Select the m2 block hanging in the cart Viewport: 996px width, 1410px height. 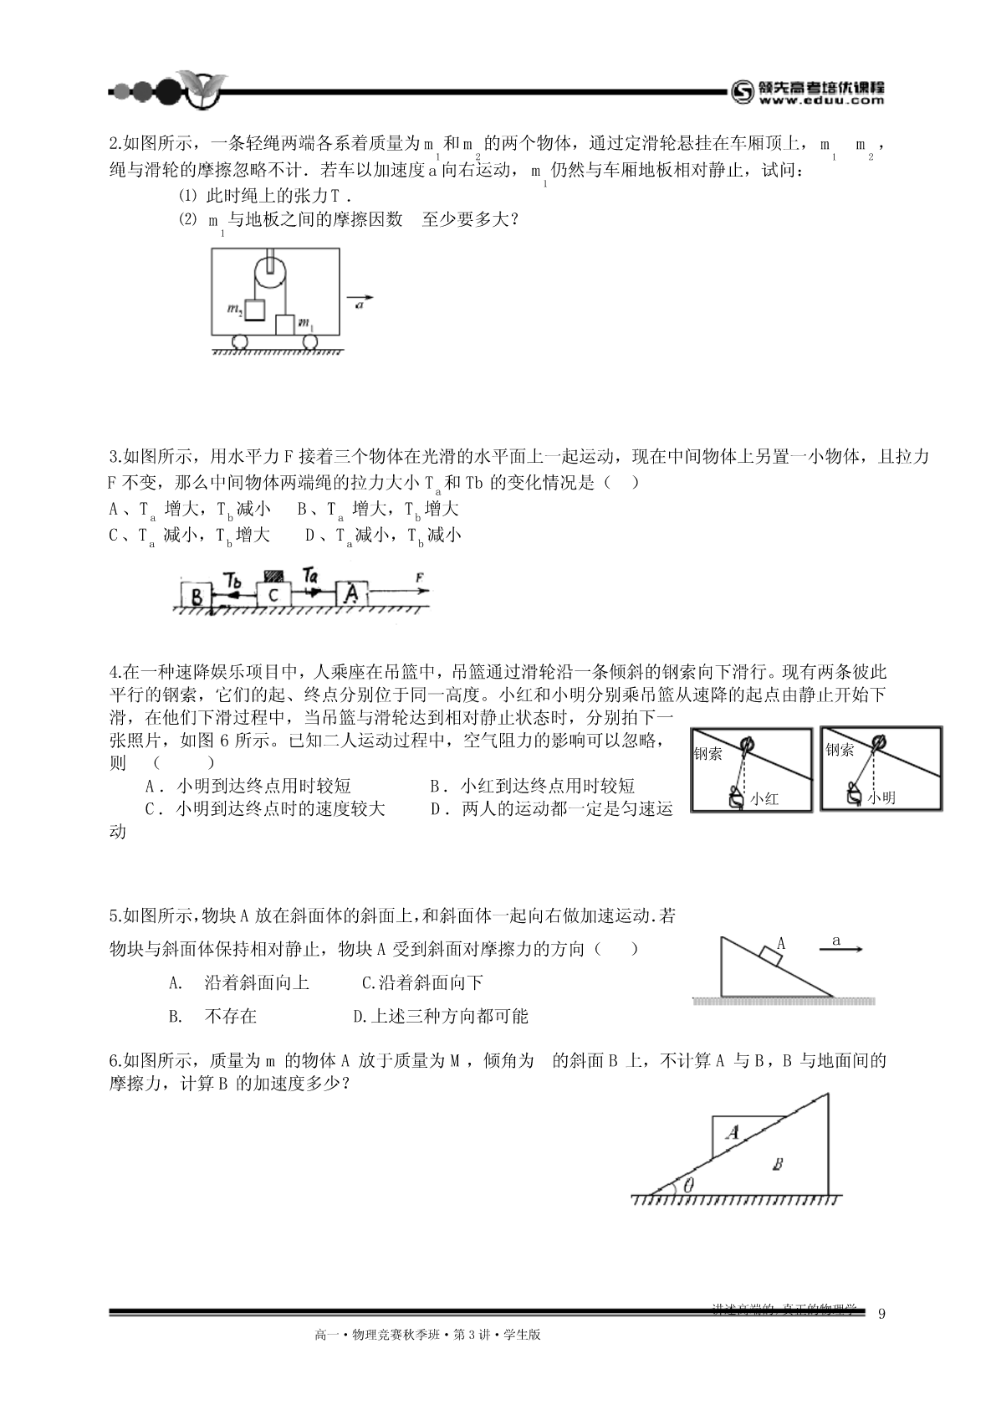[255, 310]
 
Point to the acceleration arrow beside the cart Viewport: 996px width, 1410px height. [360, 297]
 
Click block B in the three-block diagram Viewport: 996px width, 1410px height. [196, 596]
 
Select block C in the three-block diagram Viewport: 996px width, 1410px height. [273, 595]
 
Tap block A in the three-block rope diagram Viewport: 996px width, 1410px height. [352, 594]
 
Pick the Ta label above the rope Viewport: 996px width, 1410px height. [310, 576]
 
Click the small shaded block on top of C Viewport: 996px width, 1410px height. [273, 576]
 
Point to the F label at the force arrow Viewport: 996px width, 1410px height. [419, 577]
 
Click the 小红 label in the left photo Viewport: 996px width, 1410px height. [764, 799]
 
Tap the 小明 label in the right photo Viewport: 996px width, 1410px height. [881, 797]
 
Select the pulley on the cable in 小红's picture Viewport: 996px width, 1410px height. [749, 742]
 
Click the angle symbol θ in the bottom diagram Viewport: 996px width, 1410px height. [688, 1185]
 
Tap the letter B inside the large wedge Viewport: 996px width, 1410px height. [778, 1164]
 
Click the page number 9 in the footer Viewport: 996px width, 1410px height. [881, 1313]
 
